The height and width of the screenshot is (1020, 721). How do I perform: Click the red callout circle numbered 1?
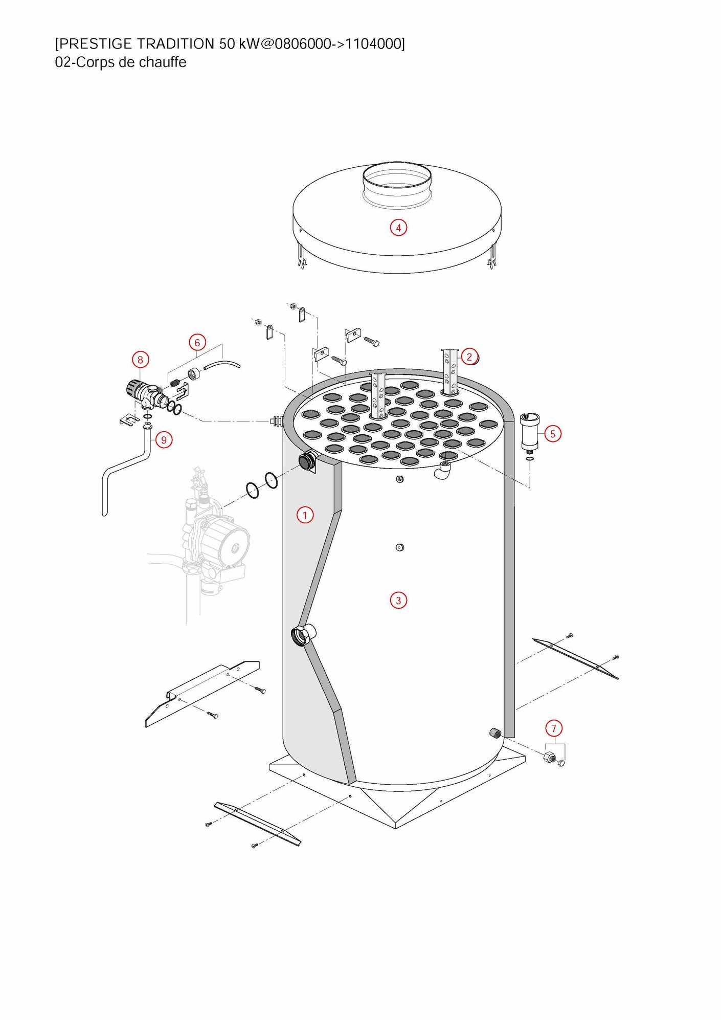click(305, 515)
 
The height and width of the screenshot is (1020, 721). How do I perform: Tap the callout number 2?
click(469, 357)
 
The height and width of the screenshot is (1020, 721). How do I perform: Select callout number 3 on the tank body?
click(398, 600)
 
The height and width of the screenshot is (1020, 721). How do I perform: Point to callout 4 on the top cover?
click(398, 228)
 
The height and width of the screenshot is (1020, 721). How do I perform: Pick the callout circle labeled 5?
click(552, 434)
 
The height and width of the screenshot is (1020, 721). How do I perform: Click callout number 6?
click(197, 342)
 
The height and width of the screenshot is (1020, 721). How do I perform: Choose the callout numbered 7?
click(554, 728)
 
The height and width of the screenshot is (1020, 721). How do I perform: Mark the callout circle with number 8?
click(141, 360)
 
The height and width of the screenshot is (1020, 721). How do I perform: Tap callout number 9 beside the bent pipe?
click(164, 440)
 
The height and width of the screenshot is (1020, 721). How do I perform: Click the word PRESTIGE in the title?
click(97, 44)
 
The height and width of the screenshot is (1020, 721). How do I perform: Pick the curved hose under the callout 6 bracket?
click(222, 365)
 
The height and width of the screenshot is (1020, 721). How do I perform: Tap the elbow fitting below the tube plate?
click(443, 470)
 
